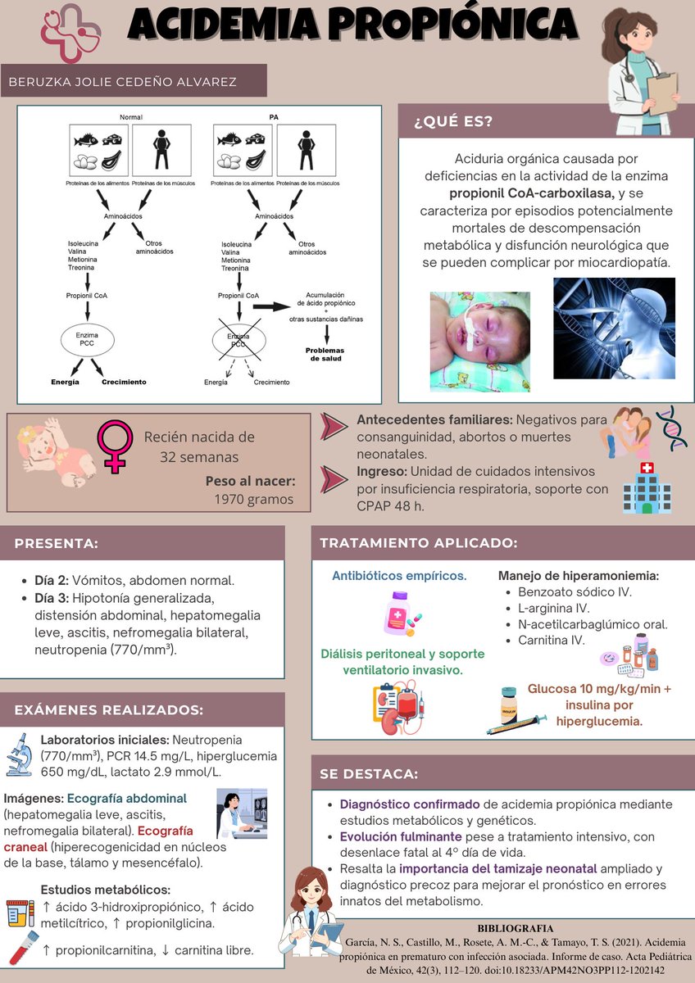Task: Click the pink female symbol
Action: click(x=115, y=446)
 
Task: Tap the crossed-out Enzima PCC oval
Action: click(x=238, y=341)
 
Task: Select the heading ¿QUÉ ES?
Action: click(x=453, y=121)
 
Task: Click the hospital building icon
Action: click(x=647, y=487)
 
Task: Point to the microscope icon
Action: click(x=20, y=754)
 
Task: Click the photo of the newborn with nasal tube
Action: click(x=480, y=342)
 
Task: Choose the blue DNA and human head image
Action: click(x=614, y=328)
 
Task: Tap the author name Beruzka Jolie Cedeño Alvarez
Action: click(x=122, y=82)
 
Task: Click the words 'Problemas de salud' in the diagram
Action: click(x=325, y=354)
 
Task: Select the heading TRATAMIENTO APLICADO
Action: click(x=419, y=543)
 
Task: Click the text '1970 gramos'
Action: click(x=254, y=500)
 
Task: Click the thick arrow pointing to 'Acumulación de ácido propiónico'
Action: click(x=272, y=306)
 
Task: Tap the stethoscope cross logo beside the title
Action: click(x=70, y=33)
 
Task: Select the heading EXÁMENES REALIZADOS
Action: click(x=109, y=710)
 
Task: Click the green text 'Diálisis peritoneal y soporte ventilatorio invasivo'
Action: click(x=402, y=662)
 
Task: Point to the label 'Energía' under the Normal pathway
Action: click(x=65, y=382)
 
